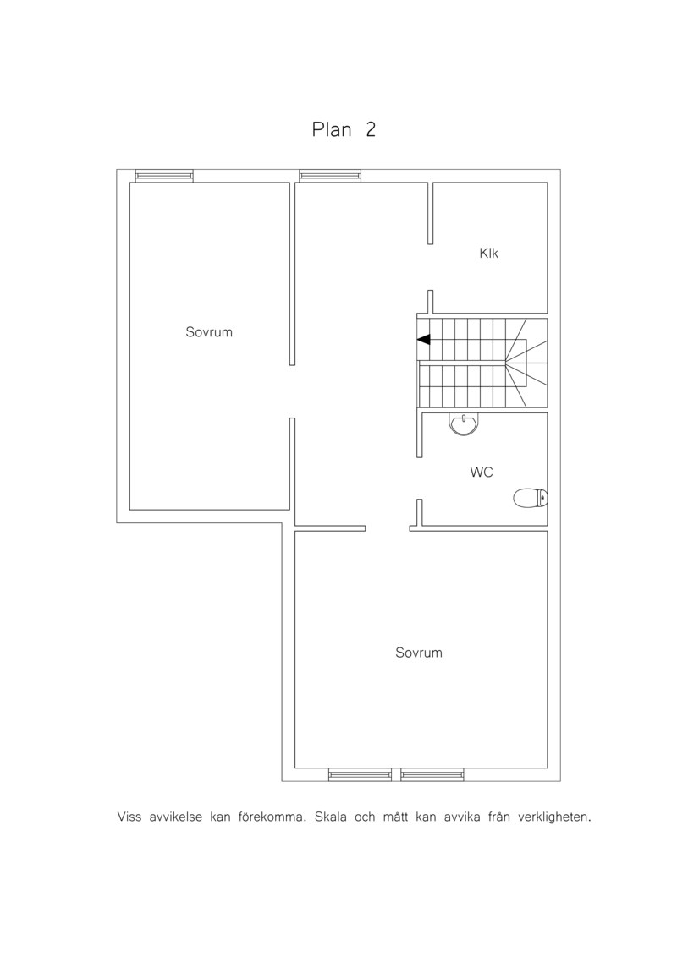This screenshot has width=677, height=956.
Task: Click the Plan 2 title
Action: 344,130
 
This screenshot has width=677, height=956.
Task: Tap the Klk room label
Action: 489,253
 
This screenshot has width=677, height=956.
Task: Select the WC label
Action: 482,472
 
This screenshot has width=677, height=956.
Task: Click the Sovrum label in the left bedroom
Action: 209,332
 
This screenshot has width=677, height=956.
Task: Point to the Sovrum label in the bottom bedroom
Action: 419,653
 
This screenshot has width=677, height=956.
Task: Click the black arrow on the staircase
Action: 424,340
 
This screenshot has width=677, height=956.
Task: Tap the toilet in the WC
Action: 531,499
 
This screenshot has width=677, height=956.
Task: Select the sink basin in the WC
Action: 465,424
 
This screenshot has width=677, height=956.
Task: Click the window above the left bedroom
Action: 164,176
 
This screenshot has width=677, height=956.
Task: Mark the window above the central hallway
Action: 330,176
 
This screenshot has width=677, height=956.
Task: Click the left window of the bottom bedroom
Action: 361,775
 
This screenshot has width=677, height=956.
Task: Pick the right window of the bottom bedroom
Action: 432,775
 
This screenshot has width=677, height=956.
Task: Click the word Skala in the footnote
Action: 331,817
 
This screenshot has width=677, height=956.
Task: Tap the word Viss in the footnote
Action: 129,817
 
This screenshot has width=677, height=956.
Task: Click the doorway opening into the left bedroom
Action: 293,391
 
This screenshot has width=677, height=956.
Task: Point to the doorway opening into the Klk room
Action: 431,267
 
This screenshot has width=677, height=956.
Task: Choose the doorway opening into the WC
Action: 420,478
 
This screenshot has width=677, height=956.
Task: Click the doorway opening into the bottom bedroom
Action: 387,528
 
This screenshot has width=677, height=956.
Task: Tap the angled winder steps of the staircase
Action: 526,364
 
